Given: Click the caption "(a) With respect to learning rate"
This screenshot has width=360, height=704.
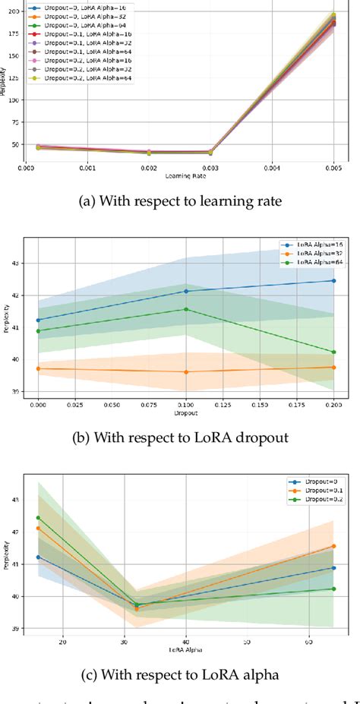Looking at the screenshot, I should click(x=179, y=201).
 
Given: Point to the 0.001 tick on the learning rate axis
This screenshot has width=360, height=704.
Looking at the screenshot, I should click(x=89, y=172).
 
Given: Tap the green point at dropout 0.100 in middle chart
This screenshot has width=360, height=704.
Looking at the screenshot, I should click(x=185, y=309).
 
